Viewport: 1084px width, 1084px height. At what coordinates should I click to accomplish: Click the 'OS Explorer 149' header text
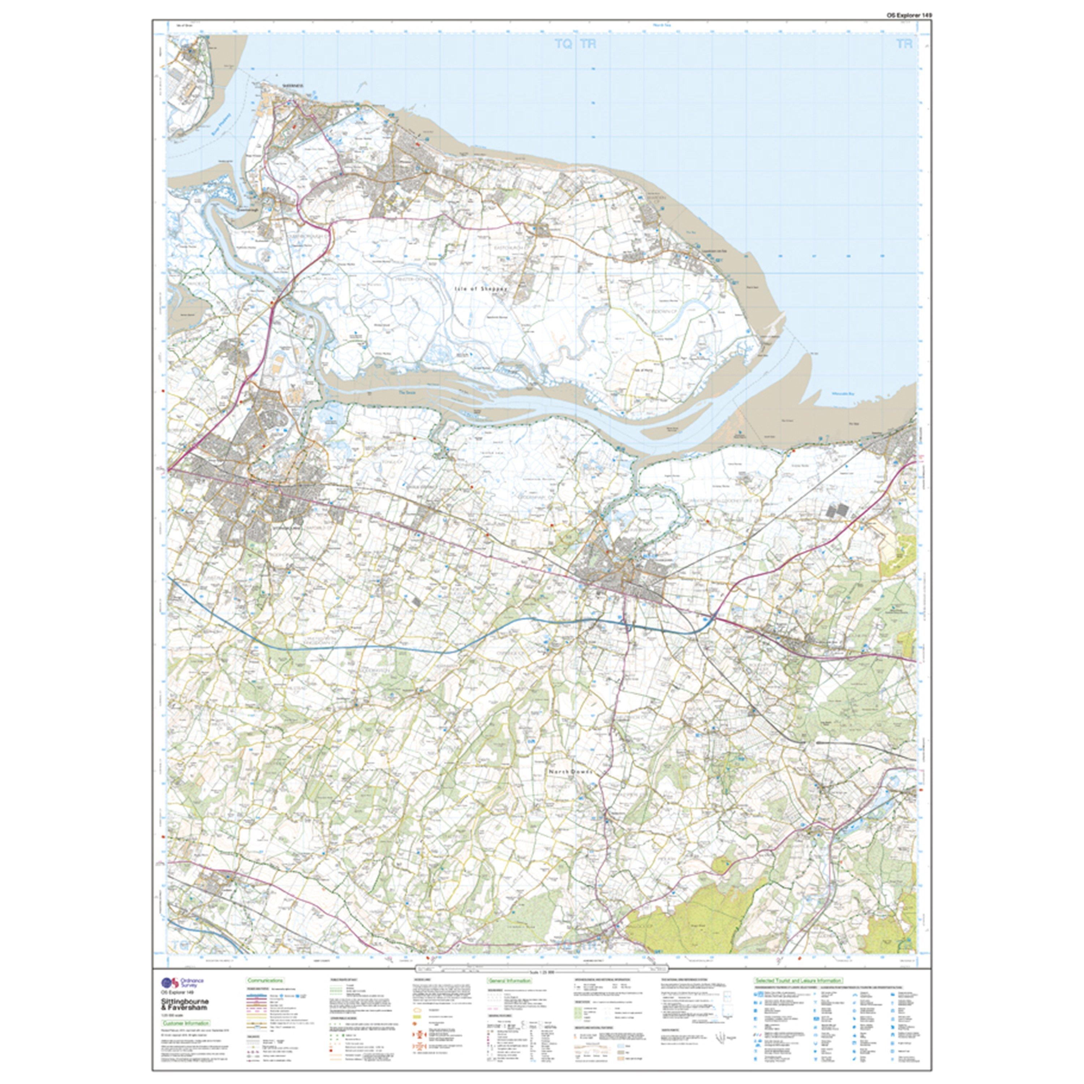pos(898,15)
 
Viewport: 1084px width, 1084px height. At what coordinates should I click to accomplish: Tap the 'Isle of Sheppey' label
pos(481,288)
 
